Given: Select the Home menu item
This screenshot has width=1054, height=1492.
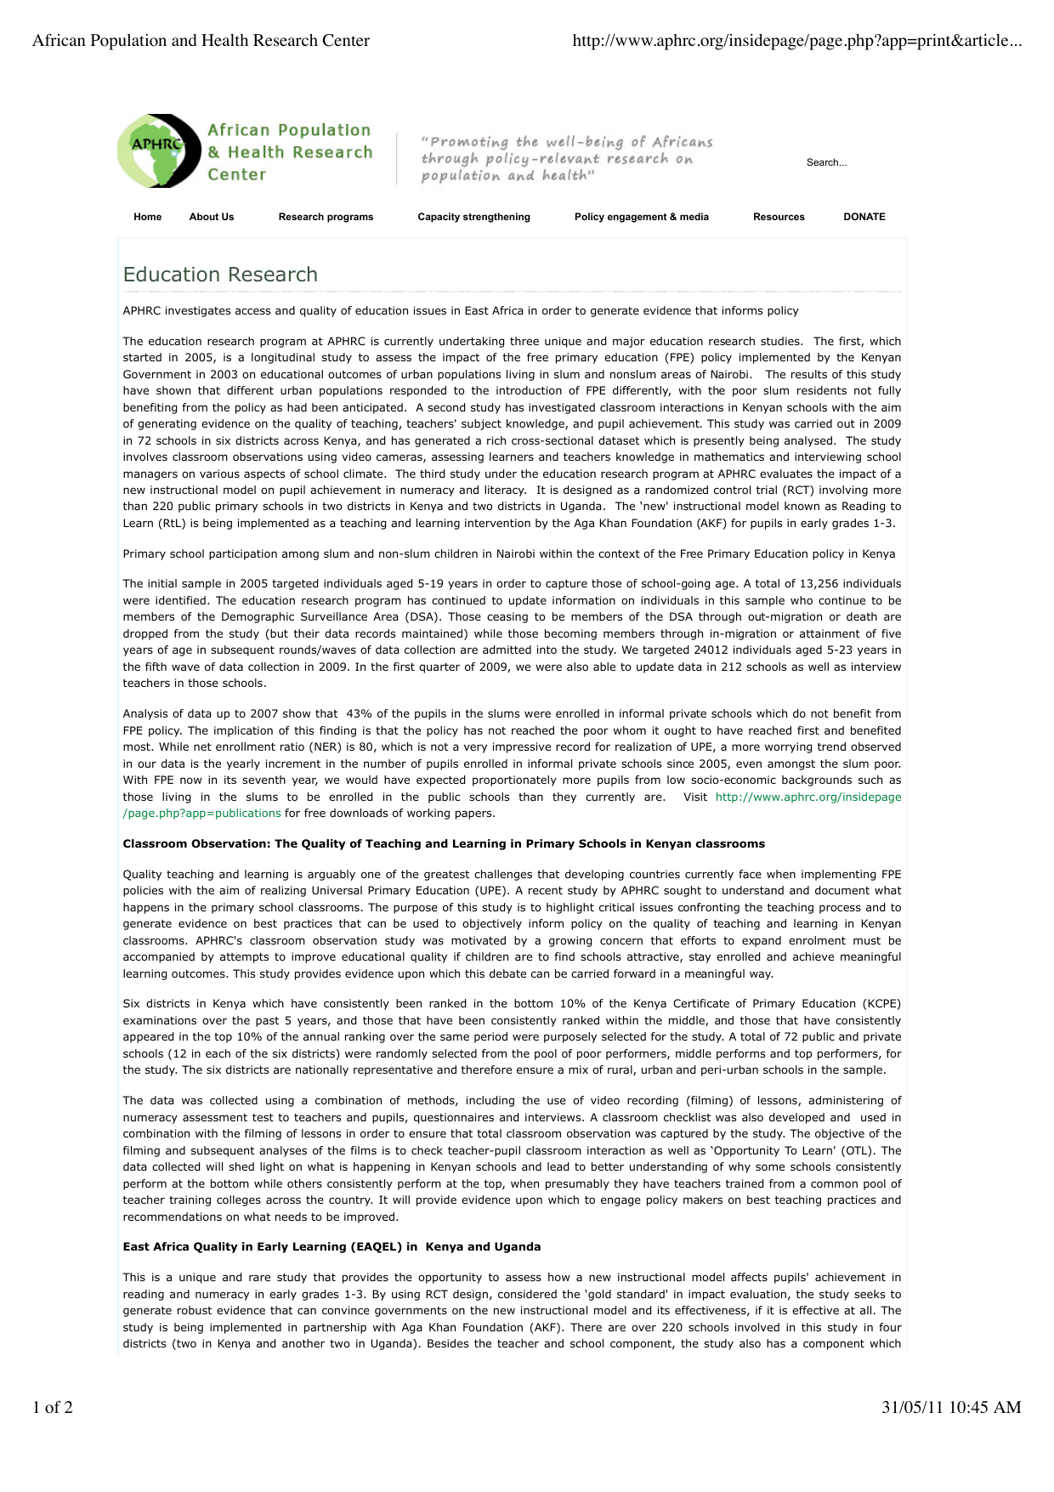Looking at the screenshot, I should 147,217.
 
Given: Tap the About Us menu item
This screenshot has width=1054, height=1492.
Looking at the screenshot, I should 212,217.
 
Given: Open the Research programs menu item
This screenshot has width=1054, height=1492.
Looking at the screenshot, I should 326,217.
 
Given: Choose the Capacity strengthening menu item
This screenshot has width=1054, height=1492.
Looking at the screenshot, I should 473,217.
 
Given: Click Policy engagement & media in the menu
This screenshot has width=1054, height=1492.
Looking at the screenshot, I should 641,217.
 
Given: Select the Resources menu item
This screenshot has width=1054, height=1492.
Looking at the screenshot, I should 779,217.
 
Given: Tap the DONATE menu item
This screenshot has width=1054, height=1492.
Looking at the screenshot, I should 864,217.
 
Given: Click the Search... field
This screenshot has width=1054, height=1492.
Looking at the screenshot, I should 826,162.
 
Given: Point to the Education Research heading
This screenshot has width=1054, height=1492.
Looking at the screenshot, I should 220,275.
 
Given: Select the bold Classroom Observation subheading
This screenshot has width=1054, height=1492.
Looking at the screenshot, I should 444,844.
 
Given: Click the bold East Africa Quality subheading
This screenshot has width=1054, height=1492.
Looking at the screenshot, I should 331,1247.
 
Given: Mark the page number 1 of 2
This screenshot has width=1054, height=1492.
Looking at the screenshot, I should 53,1407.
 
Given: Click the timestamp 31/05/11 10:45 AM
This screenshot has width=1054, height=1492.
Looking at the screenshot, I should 951,1407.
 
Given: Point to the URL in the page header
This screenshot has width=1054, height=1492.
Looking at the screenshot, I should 796,41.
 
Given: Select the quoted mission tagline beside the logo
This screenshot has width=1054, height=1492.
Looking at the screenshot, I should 567,159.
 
